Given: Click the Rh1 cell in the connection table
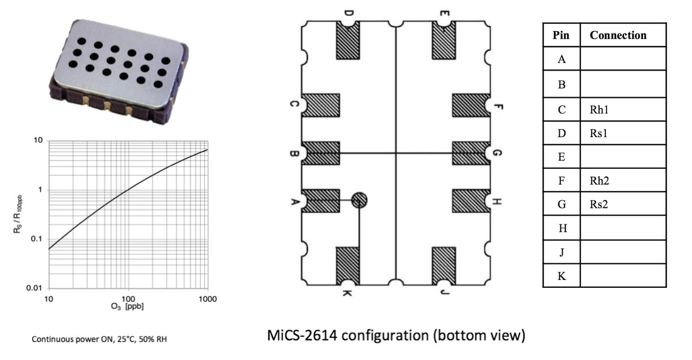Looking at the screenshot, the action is click(x=599, y=109).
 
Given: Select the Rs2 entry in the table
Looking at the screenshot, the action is click(x=598, y=204).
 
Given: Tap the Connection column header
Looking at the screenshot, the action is click(x=618, y=35).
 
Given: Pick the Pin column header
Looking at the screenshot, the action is click(x=561, y=35).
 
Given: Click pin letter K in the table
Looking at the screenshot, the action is click(x=561, y=276).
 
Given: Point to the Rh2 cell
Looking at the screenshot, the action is click(x=599, y=181).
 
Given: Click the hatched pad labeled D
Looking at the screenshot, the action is click(x=348, y=40).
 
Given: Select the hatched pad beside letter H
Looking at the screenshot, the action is click(x=471, y=201).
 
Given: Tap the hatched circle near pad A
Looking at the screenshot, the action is click(x=359, y=200).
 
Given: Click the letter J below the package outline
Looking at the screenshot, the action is click(x=444, y=292).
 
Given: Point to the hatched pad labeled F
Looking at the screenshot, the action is click(x=471, y=106).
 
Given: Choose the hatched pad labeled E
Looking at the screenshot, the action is click(x=444, y=40).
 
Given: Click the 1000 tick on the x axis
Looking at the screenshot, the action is click(x=208, y=299).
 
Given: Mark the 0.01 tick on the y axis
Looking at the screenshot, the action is click(x=34, y=288).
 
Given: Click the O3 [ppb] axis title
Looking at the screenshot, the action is click(x=127, y=307).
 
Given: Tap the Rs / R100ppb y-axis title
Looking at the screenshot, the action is click(x=18, y=214).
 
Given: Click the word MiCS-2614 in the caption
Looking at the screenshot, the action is click(x=302, y=336).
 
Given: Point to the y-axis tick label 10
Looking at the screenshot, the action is click(x=38, y=141).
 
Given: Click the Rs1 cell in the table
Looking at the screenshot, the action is click(x=598, y=133).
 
